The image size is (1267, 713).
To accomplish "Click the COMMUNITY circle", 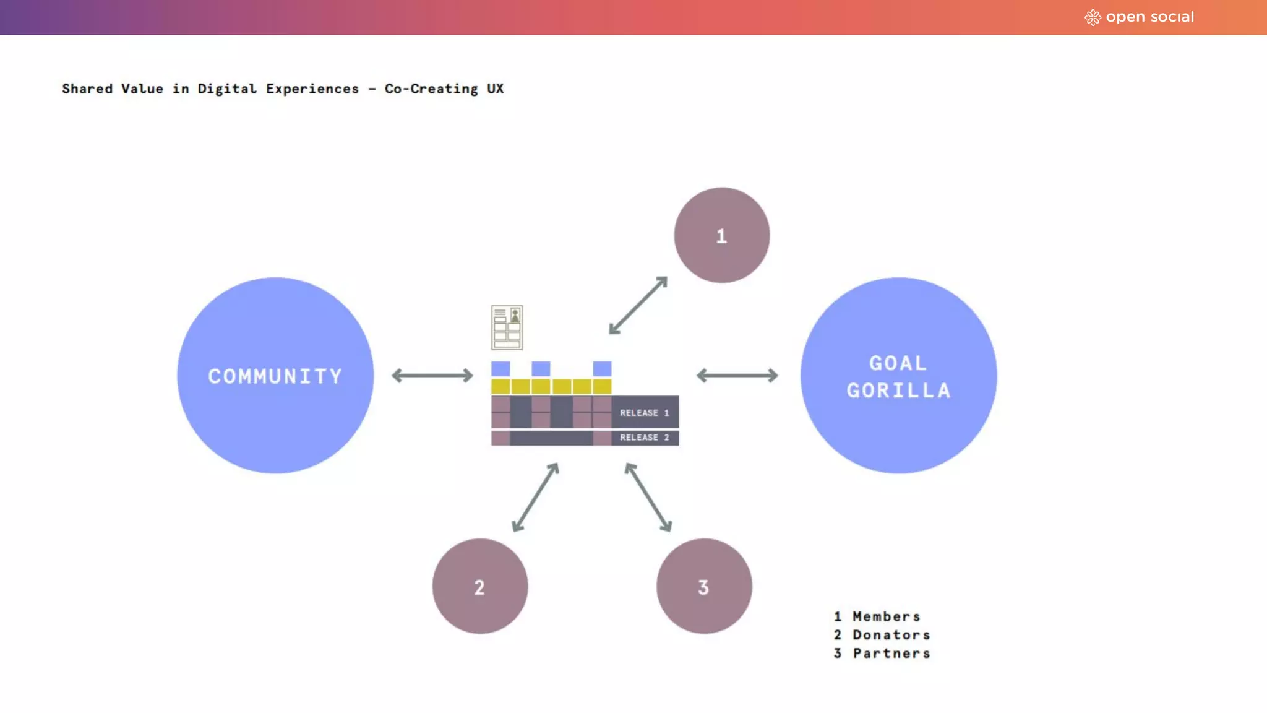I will coord(275,375).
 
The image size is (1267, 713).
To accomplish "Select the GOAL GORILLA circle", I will coord(898,375).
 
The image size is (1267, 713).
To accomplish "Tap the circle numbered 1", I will coord(722,235).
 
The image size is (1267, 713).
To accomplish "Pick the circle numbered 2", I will coord(480,586).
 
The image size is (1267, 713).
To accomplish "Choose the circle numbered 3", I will coord(704,586).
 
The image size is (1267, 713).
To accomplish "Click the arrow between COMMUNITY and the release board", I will coord(432,375).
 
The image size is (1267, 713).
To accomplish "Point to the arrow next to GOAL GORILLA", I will coord(737,375).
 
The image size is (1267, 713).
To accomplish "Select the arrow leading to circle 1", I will coord(638,306).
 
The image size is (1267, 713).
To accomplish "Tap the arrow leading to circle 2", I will coord(536,497).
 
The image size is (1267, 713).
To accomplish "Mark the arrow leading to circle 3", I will coord(648,497).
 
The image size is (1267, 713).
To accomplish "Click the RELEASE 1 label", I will coord(645,413).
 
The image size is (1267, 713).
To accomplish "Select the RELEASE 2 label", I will coord(645,438).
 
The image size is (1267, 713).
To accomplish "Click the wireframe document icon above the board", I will coord(507,327).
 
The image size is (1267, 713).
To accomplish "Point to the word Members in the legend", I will coord(887,616).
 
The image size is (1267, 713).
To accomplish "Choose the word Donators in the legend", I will coord(891,635).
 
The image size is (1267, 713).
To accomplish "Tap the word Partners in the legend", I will coord(891,654).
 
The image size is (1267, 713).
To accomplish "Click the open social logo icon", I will coord(1093,17).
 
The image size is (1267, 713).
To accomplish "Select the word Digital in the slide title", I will coord(227,89).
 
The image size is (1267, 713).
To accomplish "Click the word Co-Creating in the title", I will coord(431,89).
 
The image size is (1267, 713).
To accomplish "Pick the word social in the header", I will coord(1172,17).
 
